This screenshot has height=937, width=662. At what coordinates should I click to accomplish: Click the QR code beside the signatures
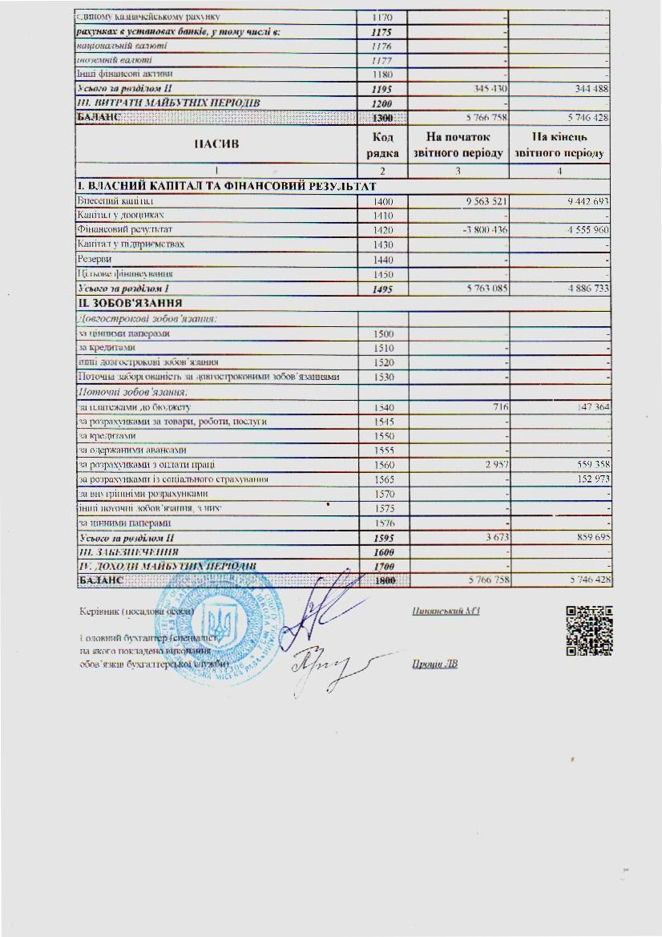click(x=612, y=630)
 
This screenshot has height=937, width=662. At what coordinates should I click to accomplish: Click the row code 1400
click(x=383, y=201)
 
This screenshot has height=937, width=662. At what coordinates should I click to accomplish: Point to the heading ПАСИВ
click(x=216, y=145)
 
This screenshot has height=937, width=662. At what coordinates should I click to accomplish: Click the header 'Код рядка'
click(x=383, y=145)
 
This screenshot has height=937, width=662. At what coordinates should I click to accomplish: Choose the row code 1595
click(x=383, y=537)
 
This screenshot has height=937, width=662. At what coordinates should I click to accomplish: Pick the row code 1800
click(x=383, y=580)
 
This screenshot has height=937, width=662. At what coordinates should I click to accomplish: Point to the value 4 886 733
click(x=584, y=288)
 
